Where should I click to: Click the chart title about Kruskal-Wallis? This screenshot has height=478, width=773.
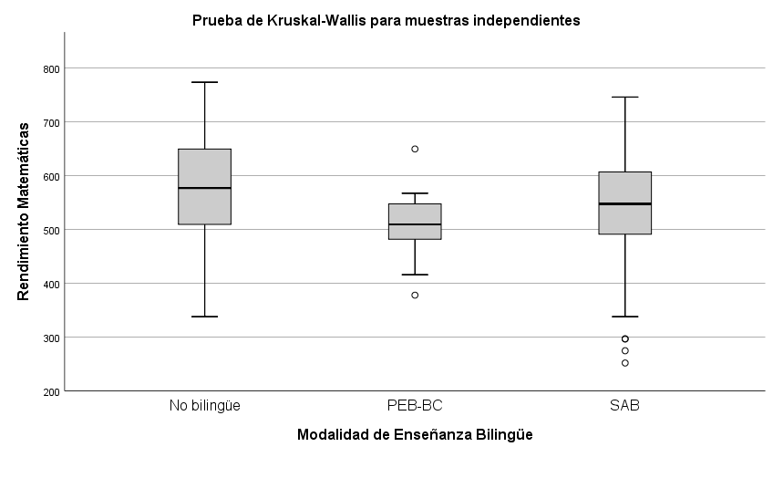coord(386,20)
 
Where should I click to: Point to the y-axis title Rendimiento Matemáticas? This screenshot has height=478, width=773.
coord(24,212)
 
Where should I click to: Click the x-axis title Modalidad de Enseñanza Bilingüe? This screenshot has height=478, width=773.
coord(415,435)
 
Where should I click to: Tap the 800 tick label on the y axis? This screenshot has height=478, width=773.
coord(50,68)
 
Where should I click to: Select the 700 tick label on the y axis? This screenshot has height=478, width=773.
coord(50,122)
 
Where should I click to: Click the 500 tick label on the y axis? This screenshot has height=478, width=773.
coord(50,230)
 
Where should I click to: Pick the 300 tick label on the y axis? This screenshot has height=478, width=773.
coord(50,338)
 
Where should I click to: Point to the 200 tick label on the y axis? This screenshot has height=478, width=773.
coord(50,391)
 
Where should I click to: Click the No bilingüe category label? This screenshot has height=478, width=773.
coord(204,405)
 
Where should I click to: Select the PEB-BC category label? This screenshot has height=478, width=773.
coord(415,405)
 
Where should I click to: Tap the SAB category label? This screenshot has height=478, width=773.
coord(624,405)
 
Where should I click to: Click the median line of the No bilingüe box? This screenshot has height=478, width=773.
coord(204,188)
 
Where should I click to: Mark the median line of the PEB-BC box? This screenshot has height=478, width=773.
coord(415,224)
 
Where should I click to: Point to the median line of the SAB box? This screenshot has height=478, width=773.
coord(624,204)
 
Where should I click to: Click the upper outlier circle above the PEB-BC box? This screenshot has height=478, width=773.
coord(415,149)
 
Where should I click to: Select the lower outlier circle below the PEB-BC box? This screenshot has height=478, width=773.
coord(415,295)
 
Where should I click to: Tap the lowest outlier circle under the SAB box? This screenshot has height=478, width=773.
coord(624,363)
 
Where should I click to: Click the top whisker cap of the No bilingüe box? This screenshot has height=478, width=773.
coord(204,82)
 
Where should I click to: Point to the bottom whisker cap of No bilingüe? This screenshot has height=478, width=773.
coord(204,317)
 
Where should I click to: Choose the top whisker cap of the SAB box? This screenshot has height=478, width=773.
coord(624,97)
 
